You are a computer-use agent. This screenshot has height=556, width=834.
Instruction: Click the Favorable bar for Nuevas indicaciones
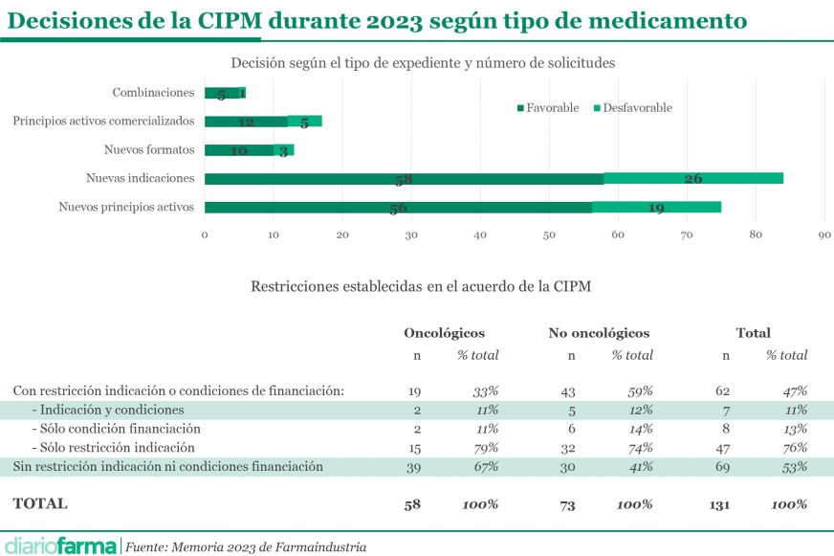point(404,178)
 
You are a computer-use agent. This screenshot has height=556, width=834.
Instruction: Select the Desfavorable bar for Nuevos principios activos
point(656,207)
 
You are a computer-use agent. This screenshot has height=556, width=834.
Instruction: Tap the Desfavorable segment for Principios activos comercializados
point(304,122)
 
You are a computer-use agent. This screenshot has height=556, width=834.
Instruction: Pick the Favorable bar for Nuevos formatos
point(238,150)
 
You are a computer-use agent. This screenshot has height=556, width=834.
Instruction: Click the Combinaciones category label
point(153,93)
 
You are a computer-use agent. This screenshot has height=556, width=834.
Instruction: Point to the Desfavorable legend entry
point(632,108)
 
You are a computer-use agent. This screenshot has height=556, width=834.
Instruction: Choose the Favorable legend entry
point(548,108)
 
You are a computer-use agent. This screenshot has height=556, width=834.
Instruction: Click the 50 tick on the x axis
point(549,234)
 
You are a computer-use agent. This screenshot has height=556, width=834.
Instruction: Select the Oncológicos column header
point(444,333)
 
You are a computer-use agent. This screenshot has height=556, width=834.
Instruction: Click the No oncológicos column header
point(599,333)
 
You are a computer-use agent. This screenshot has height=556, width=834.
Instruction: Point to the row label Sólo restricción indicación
point(114,447)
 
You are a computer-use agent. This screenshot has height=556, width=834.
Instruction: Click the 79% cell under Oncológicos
point(486,447)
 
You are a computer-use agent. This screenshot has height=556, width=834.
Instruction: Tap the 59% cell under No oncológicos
point(639,390)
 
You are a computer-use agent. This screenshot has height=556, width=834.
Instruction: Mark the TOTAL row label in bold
point(40,503)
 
